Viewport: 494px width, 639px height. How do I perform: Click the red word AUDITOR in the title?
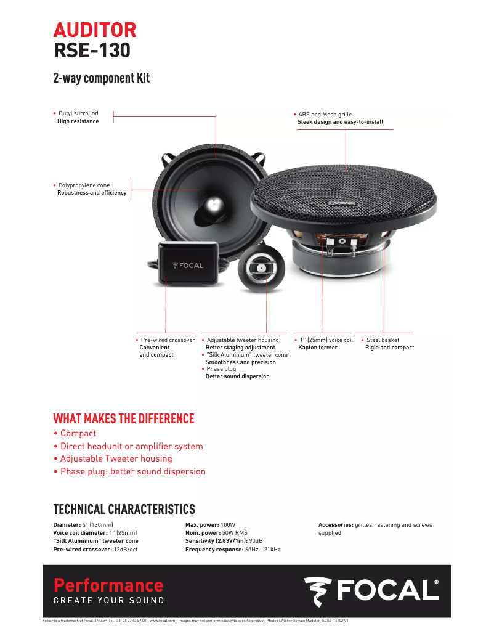click(x=95, y=30)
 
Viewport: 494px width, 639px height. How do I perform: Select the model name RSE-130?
click(x=92, y=51)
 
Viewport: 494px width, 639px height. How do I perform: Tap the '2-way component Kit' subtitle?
click(x=101, y=79)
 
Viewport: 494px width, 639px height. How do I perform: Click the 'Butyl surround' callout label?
click(x=78, y=113)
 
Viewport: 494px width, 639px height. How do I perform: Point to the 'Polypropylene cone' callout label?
click(x=84, y=185)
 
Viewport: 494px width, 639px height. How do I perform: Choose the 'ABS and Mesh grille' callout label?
click(x=325, y=115)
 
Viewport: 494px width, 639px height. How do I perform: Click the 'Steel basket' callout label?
click(x=383, y=340)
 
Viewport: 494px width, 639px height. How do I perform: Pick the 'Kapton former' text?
click(x=318, y=348)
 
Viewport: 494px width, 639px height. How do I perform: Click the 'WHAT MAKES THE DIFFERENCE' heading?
click(x=124, y=419)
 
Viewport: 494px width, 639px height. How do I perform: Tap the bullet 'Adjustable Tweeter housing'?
click(x=116, y=458)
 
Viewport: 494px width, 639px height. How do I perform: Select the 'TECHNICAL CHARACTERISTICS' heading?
click(x=124, y=509)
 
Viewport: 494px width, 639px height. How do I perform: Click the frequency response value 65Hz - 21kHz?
click(x=263, y=549)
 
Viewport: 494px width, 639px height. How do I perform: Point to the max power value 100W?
click(x=229, y=525)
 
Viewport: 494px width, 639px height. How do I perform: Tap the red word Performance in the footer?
click(x=108, y=585)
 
